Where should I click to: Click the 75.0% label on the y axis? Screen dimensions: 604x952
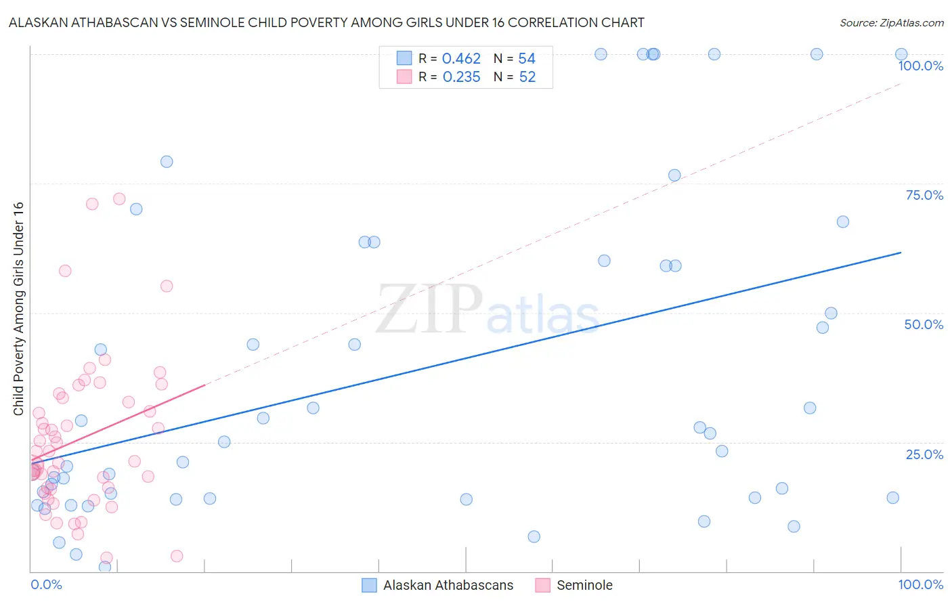coord(924,195)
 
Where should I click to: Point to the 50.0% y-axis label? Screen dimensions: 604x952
coord(924,324)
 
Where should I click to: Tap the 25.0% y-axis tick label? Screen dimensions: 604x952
coord(924,454)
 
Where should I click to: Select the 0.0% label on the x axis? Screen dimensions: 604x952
coord(46,584)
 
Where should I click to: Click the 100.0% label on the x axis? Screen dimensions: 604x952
coord(920,584)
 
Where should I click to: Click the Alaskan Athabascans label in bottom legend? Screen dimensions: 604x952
coord(448,585)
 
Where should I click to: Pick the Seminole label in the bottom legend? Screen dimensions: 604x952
coord(584,585)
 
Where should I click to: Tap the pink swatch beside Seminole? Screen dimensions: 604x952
coord(542,585)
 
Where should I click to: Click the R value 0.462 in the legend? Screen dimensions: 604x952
coord(461,59)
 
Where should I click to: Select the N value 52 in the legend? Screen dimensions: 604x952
coord(527,77)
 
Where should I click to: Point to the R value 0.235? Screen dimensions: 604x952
coord(461,77)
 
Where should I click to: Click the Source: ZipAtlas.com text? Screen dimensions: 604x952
coord(891,23)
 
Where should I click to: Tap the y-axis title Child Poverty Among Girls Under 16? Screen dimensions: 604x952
coord(18,309)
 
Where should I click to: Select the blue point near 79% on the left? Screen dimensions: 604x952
coord(167,162)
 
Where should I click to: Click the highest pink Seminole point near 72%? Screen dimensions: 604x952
coord(119,199)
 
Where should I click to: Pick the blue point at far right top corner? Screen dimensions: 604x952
coord(901,54)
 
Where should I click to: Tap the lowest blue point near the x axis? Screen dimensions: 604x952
coord(105,567)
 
